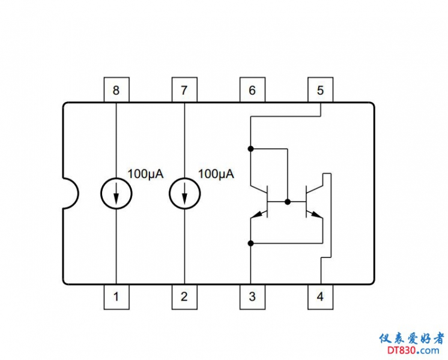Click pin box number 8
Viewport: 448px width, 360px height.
(116, 91)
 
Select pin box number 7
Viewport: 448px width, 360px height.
(184, 91)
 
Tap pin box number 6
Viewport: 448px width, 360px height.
(252, 91)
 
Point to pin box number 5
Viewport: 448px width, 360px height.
(320, 91)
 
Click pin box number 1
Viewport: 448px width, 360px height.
(116, 296)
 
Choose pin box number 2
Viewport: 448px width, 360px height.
(184, 296)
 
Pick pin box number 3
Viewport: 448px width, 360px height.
(252, 296)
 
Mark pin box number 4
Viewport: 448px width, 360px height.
(320, 296)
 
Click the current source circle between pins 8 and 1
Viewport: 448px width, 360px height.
(116, 193)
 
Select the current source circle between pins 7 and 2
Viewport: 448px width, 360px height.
(184, 193)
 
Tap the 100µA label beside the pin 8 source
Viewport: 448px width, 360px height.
(145, 174)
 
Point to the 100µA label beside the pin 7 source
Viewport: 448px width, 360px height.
(216, 174)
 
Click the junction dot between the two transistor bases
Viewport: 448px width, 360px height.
(288, 202)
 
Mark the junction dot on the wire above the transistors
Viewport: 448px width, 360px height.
(251, 148)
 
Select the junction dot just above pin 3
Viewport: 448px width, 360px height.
(251, 243)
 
